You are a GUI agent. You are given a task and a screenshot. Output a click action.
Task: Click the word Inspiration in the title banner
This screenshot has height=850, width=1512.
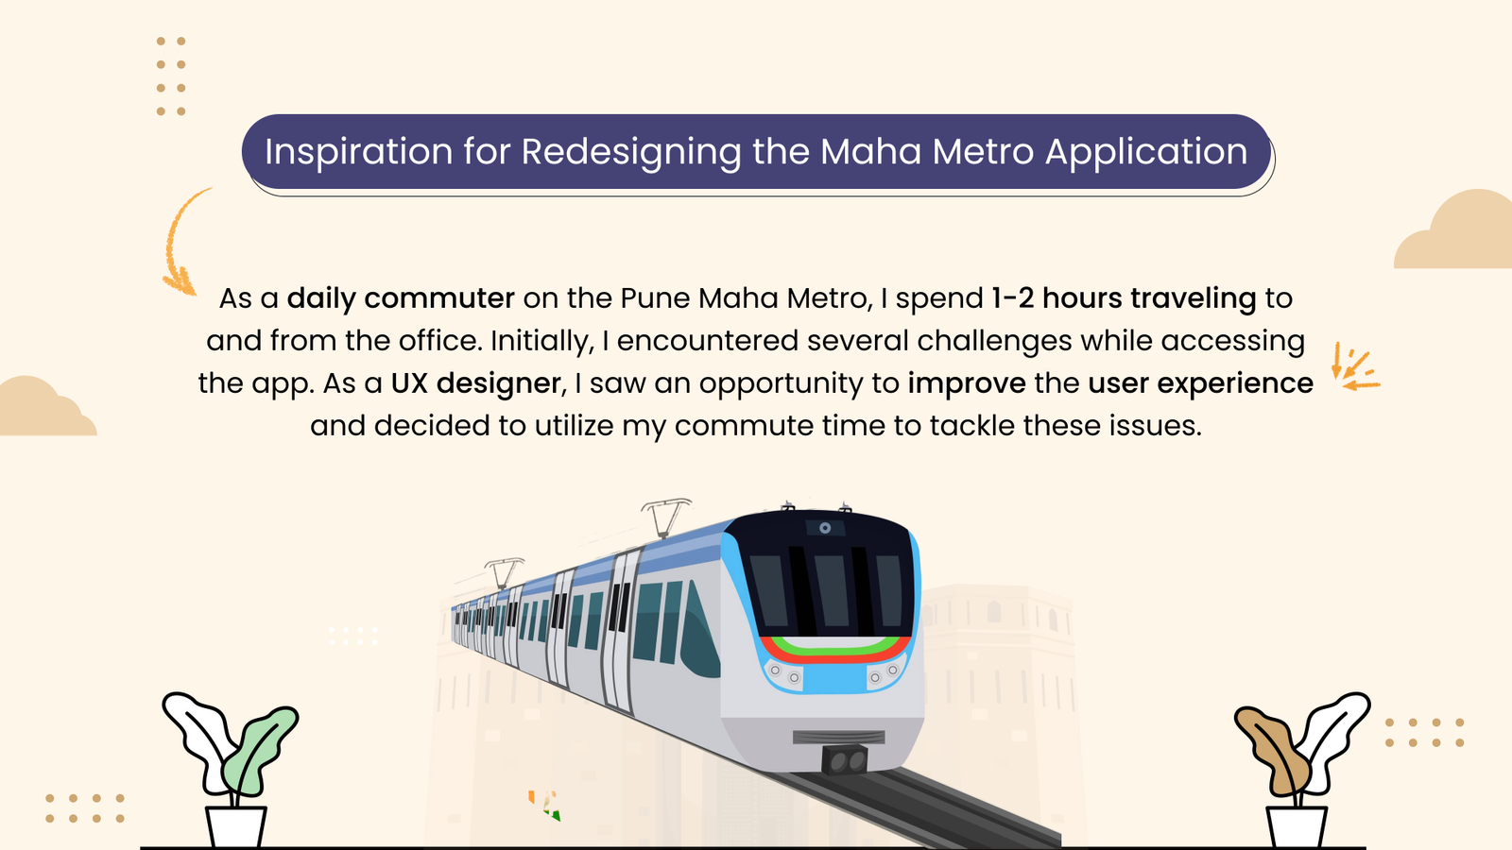(x=358, y=152)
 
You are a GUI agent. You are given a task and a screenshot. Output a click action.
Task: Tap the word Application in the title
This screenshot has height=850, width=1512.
(x=1146, y=152)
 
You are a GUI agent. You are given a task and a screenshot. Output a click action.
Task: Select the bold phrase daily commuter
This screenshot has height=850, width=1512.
(x=401, y=298)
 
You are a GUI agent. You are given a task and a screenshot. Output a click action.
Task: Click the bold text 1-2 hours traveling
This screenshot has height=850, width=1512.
(x=1124, y=298)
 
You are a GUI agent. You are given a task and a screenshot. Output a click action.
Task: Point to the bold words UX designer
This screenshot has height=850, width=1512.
(x=476, y=383)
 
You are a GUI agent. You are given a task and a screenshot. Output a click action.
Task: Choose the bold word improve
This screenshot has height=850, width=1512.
(x=967, y=383)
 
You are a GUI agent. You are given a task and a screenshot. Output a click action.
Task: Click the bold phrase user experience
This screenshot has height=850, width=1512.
(x=1201, y=383)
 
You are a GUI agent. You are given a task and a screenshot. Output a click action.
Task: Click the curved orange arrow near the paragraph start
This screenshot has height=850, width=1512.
(x=175, y=243)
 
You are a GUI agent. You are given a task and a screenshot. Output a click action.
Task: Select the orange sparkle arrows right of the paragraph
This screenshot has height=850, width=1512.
(x=1355, y=367)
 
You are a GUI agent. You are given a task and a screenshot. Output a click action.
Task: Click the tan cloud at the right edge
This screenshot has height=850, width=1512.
(x=1453, y=229)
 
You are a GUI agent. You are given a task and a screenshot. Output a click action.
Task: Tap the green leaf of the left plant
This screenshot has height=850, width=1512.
(x=258, y=750)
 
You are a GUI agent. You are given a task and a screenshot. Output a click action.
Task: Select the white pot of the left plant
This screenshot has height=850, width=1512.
(x=236, y=827)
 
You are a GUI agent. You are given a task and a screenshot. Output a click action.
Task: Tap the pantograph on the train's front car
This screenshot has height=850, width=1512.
(x=665, y=517)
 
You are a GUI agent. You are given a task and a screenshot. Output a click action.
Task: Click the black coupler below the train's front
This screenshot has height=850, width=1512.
(x=845, y=759)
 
